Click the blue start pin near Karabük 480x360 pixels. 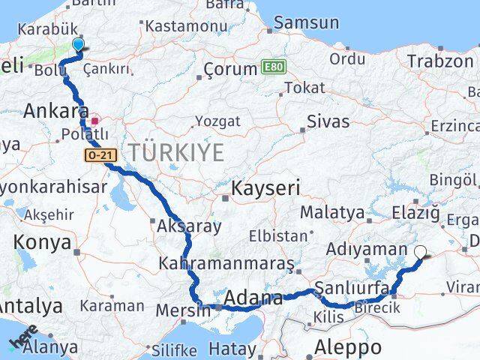[78, 45]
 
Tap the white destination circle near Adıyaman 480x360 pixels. [421, 253]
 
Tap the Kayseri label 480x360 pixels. [265, 187]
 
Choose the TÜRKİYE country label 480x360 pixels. [175, 153]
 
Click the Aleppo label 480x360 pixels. [348, 347]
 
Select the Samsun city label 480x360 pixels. [307, 23]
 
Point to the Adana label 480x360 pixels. [253, 298]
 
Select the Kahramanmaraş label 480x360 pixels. [215, 264]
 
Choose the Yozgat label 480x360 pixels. [217, 121]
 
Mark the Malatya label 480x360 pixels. [331, 213]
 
